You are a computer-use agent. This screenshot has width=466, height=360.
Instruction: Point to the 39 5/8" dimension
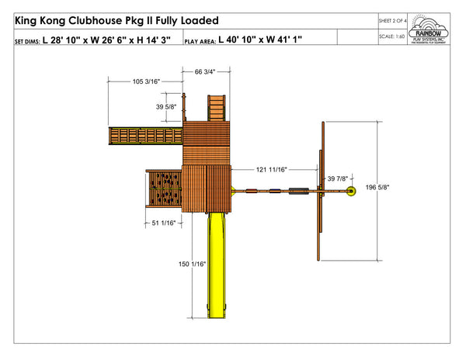(x=166, y=107)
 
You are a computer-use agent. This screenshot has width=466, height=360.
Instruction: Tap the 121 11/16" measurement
(x=272, y=168)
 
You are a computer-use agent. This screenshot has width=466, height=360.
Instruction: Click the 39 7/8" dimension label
(x=337, y=179)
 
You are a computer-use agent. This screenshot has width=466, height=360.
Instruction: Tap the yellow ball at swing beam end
(x=350, y=190)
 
